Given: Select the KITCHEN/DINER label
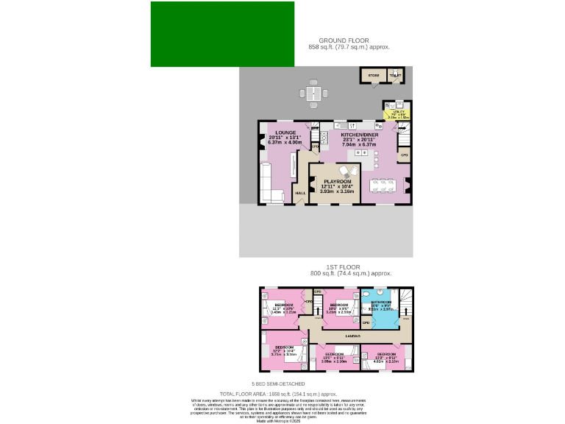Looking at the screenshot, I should click(360, 135).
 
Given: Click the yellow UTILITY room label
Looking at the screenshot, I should click(399, 111).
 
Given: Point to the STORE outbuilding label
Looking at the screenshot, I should click(373, 76).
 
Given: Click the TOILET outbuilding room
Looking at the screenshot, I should click(395, 76).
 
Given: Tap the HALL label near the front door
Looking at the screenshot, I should click(300, 194).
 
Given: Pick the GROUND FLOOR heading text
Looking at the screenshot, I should click(344, 40).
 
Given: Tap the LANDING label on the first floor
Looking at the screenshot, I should click(352, 336).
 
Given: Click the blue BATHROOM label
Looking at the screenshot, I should click(381, 302).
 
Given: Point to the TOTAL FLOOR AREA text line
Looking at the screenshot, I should click(282, 394).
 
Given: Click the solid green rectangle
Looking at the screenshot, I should click(222, 34).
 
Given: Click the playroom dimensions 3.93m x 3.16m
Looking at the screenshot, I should click(338, 191).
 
